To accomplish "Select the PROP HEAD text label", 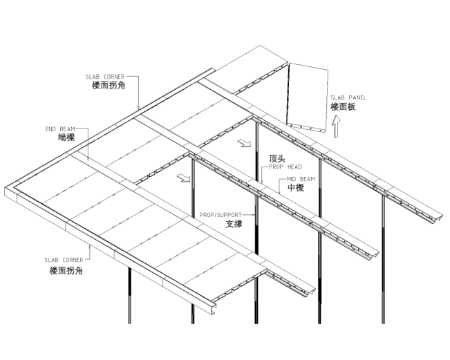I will [283, 167].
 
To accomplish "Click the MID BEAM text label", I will [298, 179].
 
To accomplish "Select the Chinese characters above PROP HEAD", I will [274, 159].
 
